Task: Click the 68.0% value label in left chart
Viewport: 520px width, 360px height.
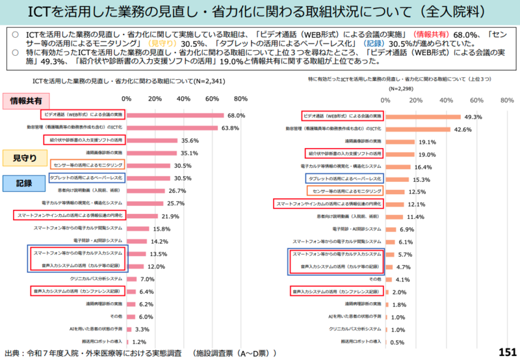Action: point(236,115)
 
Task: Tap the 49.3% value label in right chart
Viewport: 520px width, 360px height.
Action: point(472,117)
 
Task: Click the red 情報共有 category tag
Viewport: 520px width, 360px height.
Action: point(27,101)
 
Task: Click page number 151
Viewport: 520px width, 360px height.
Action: point(506,352)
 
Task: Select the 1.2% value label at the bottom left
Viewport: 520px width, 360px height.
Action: point(139,341)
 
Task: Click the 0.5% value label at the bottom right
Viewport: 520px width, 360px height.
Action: point(396,342)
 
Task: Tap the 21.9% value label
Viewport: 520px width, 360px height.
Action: point(170,216)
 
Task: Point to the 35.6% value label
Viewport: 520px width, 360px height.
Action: point(190,140)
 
